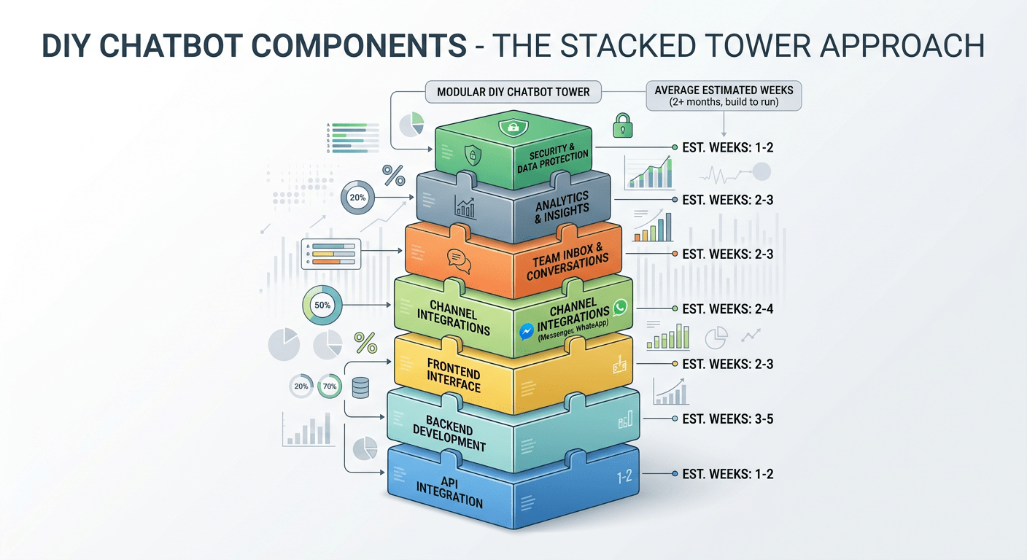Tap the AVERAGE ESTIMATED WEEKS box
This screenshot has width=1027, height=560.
pyautogui.click(x=724, y=96)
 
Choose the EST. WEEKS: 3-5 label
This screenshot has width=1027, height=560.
pyautogui.click(x=727, y=419)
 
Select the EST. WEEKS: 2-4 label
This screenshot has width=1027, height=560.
pyautogui.click(x=727, y=309)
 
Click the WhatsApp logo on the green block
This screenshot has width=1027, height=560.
pyautogui.click(x=620, y=307)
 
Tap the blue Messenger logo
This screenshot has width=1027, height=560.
pyautogui.click(x=527, y=331)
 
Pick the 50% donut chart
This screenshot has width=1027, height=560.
pyautogui.click(x=321, y=306)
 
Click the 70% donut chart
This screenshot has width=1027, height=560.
pyautogui.click(x=329, y=387)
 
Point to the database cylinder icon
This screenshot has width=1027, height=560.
pyautogui.click(x=360, y=387)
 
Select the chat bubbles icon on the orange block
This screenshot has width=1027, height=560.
pyautogui.click(x=458, y=260)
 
